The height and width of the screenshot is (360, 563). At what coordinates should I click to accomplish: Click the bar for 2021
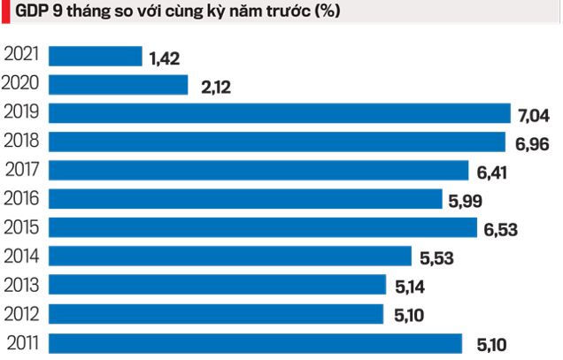coord(95,57)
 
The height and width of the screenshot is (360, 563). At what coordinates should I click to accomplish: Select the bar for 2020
coord(118,85)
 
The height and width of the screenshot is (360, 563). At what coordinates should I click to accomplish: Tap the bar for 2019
coord(280,113)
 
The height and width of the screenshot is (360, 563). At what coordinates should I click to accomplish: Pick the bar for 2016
coord(245,199)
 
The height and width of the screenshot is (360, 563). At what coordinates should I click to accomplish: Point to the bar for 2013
coord(217,285)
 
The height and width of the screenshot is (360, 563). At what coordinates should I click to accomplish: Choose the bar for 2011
coord(255,342)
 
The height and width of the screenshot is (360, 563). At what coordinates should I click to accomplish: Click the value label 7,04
coord(535,115)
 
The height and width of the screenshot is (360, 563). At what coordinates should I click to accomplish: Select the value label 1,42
coord(166,58)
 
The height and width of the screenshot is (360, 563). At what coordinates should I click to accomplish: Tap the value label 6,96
coord(533,143)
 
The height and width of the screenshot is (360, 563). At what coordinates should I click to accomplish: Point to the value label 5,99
coord(466,201)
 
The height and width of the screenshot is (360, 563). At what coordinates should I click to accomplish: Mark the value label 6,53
coord(500,229)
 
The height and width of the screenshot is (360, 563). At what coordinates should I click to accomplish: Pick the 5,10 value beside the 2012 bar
coord(407,315)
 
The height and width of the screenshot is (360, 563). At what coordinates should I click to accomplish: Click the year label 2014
coord(24,257)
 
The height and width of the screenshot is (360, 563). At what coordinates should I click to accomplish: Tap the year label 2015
coord(24,227)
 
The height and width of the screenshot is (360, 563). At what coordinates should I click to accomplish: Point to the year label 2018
coord(24,142)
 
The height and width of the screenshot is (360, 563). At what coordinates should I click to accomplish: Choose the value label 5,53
coord(436,258)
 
